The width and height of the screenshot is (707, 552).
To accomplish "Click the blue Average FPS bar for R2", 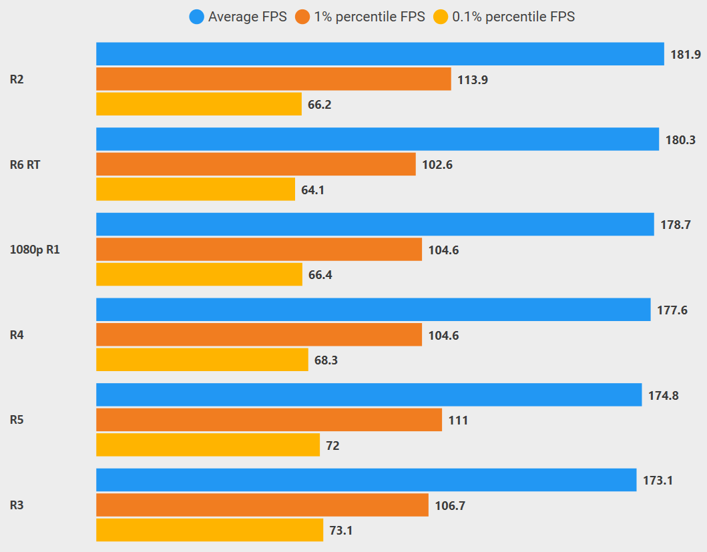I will [x=380, y=54].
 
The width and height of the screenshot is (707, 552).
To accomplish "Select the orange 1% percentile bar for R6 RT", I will [x=256, y=164].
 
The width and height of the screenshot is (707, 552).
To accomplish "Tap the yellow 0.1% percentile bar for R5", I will [x=208, y=445].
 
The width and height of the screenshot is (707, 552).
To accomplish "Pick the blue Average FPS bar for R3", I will [x=366, y=480].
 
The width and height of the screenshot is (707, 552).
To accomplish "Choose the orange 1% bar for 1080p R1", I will [x=259, y=250].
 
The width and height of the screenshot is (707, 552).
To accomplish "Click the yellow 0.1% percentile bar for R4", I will [x=202, y=360].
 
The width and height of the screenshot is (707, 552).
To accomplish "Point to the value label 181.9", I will [x=686, y=55].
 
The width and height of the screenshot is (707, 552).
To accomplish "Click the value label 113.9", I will [x=473, y=80].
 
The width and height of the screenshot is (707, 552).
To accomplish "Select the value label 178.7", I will [x=676, y=225].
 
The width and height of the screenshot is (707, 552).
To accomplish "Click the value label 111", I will [x=458, y=421].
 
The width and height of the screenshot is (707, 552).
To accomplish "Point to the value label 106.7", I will [x=450, y=506].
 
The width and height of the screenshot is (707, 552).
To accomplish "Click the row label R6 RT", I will [x=25, y=164].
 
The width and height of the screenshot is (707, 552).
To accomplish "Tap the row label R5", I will [x=17, y=421].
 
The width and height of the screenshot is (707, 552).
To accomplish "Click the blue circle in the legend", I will [x=196, y=17].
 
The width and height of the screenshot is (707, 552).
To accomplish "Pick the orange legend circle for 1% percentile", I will [x=303, y=17].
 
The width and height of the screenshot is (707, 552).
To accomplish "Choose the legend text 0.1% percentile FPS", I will [x=513, y=17].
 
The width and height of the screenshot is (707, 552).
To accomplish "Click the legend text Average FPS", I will [x=247, y=17].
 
